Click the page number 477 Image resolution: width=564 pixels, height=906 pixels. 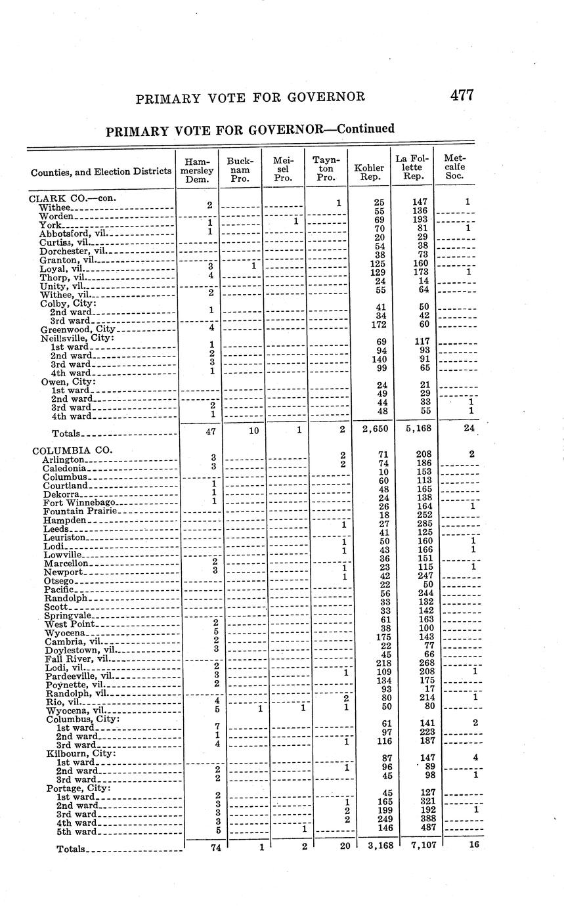(462, 95)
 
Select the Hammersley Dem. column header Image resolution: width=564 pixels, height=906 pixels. (198, 169)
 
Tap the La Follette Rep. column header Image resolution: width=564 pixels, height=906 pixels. (412, 167)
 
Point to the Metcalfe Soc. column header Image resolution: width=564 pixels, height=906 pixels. (455, 167)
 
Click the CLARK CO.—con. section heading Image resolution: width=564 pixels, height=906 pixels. (67, 197)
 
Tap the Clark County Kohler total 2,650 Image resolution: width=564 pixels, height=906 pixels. (370, 429)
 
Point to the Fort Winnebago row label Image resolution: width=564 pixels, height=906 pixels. (79, 502)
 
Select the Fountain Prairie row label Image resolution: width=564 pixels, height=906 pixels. (80, 511)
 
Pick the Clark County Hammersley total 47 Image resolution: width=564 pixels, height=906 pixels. (202, 431)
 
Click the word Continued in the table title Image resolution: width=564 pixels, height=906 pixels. (366, 128)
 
